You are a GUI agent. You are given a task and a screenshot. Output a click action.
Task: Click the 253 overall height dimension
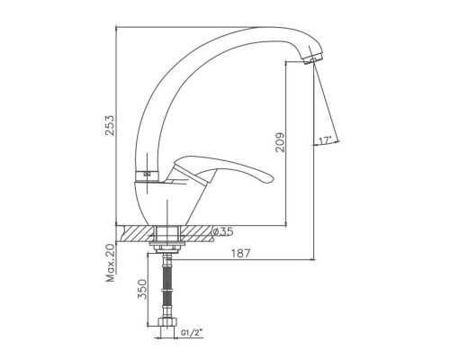[111, 125]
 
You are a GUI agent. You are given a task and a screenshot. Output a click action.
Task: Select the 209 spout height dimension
[280, 142]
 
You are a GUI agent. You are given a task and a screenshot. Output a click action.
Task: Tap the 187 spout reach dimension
[240, 253]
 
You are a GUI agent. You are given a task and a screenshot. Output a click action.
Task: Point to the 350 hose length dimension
[143, 289]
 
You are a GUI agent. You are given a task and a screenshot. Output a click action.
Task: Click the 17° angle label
[325, 140]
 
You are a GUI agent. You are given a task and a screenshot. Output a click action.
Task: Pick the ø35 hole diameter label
[222, 231]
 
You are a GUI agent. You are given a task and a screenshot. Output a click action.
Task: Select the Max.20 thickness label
[111, 263]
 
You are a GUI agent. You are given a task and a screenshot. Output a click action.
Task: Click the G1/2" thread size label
[192, 332]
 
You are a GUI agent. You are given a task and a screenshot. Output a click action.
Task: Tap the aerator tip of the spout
[311, 59]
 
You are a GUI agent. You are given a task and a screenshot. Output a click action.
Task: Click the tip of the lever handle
[272, 178]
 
